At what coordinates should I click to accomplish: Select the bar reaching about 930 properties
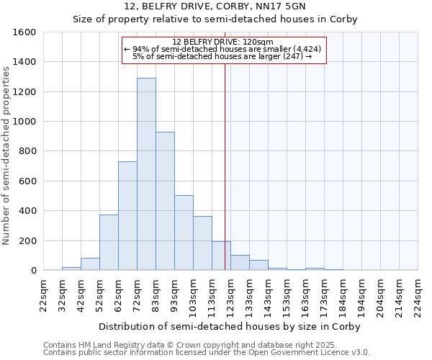165,201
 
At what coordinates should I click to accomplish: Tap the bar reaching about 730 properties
127,216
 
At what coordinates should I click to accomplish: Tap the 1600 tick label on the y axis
24,32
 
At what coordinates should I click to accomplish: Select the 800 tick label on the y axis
27,151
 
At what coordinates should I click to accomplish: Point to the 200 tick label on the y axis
27,240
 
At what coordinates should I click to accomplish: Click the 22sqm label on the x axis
44,294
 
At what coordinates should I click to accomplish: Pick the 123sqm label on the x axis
230,294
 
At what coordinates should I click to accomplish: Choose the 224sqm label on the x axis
418,294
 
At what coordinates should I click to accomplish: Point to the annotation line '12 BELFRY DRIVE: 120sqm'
223,42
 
